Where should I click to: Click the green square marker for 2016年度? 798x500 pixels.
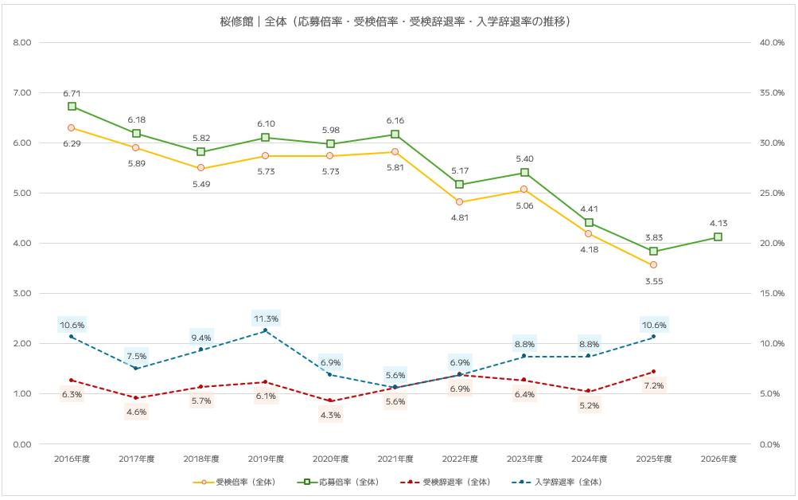72,106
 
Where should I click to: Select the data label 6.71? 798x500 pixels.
72,93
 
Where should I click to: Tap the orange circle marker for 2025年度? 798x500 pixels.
653,264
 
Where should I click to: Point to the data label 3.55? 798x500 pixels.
654,281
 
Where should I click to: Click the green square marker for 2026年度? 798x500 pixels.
718,236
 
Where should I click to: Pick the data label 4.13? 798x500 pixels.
718,224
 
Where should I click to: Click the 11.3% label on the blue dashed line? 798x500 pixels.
266,318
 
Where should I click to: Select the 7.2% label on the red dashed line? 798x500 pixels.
654,385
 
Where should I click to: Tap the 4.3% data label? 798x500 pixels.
330,414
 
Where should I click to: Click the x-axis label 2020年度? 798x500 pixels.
330,459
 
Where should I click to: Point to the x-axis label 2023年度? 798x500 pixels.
524,459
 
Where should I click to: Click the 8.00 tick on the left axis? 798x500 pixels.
22,43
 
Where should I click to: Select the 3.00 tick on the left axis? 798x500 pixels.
22,294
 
